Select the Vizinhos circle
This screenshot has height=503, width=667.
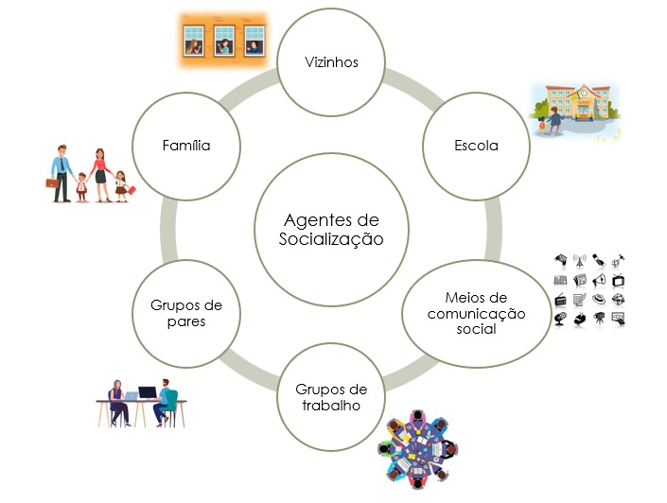point(331,63)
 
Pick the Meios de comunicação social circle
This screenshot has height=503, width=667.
point(463,313)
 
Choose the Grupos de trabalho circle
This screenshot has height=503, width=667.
point(331,397)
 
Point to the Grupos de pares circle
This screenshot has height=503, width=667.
point(186,313)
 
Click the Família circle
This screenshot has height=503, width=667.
point(186,147)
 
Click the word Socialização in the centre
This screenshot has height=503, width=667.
point(331,239)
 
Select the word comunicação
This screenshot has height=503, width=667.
point(463,314)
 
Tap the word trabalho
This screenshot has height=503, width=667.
point(331,407)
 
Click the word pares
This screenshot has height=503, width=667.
point(186,321)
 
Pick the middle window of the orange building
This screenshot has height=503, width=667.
point(225,42)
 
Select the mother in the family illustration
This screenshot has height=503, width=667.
point(100,173)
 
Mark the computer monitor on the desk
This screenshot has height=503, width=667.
point(148,393)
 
